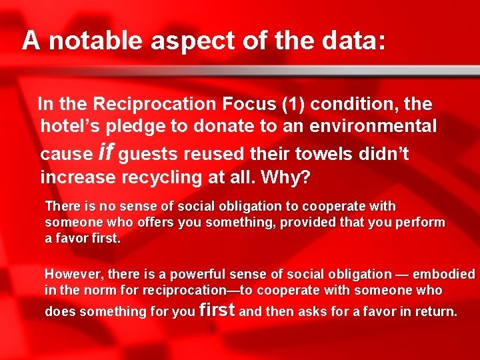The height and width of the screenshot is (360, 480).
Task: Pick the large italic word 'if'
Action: pos(105,153)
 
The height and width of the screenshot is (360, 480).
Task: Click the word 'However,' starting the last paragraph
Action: pos(73,275)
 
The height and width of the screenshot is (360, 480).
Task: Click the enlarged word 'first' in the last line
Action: pos(217,310)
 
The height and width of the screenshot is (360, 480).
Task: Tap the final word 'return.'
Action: pos(436,311)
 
